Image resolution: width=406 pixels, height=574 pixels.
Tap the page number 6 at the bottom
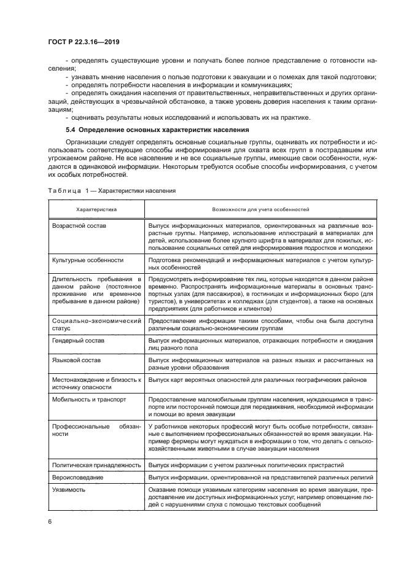[50, 521]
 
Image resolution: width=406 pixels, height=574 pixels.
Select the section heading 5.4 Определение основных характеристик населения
[157, 130]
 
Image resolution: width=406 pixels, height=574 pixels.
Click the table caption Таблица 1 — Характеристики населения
[111, 190]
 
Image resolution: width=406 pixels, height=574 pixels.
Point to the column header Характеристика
[96, 209]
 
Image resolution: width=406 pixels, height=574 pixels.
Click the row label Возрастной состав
[79, 227]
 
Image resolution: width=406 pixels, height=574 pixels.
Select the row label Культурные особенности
[88, 260]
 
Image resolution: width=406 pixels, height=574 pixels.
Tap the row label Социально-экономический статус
[96, 325]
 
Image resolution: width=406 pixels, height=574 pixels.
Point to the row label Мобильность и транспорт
[89, 398]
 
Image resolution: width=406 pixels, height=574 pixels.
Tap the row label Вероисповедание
[77, 477]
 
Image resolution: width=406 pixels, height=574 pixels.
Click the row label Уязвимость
[68, 490]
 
